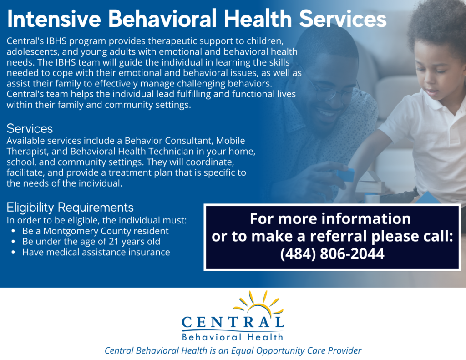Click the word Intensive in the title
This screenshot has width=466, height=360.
coord(54,19)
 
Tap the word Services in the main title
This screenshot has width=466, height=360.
coord(343,19)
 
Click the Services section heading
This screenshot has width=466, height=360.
coord(30,128)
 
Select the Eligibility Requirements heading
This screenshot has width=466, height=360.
coord(70,207)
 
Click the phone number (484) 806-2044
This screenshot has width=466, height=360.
coord(332,254)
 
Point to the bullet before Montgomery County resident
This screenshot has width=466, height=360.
coord(13,231)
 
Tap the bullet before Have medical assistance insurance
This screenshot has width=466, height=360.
coord(13,252)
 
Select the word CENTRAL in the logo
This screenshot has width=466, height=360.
coord(233,322)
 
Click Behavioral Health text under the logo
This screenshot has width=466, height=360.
coord(233,337)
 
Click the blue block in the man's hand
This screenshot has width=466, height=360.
coord(345,175)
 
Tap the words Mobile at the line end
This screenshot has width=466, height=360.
coord(230,140)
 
